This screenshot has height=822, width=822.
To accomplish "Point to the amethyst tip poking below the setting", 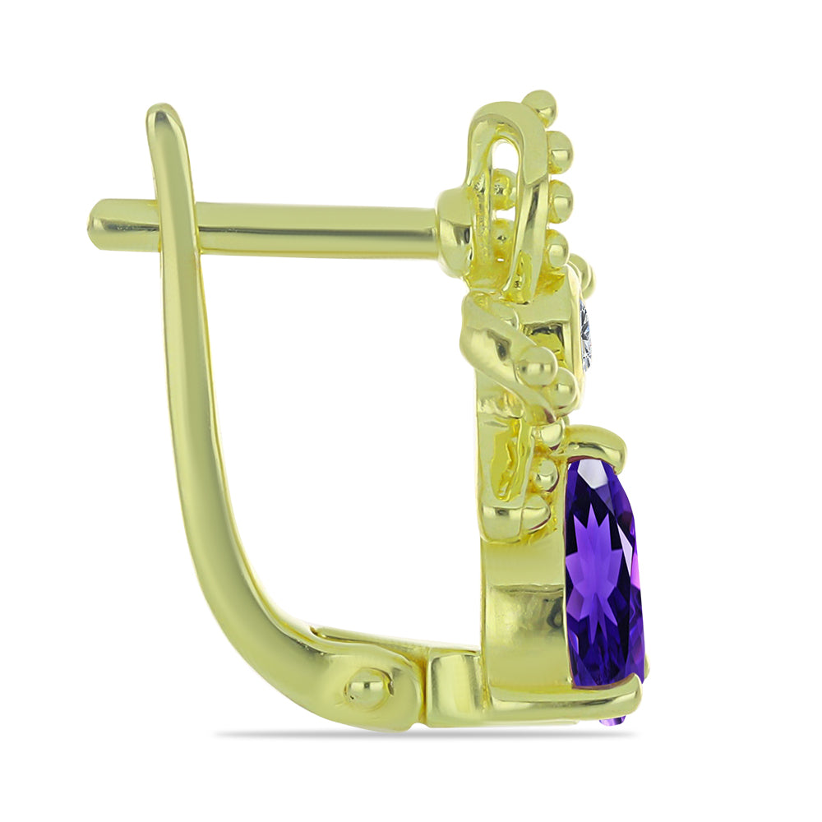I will click(612, 721).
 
